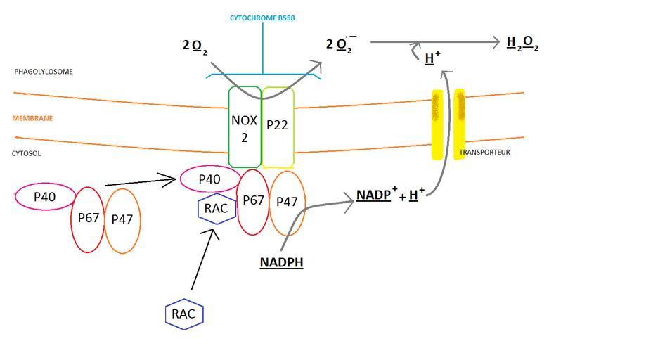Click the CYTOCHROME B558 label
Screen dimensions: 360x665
pos(262,18)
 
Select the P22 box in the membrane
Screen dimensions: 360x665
pos(278,127)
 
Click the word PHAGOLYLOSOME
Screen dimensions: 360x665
pos(44,72)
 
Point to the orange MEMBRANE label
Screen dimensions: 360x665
pos(32,118)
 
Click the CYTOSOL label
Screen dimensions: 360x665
pos(27,153)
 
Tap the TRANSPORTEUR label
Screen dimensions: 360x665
pos(484,153)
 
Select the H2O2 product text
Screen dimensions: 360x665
pos(522,43)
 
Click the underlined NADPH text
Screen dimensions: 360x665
pos(281,263)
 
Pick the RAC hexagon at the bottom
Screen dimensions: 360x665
pos(184,314)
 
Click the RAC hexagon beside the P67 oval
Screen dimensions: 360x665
pos(216,208)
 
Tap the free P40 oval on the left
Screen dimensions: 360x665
pos(45,197)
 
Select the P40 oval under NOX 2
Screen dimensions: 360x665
pos(209,179)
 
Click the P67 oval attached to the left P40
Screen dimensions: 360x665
pos(88,218)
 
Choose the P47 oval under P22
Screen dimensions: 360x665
pos(287,203)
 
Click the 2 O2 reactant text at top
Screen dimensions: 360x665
pos(195,46)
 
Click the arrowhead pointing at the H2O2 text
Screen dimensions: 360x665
pos(496,42)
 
